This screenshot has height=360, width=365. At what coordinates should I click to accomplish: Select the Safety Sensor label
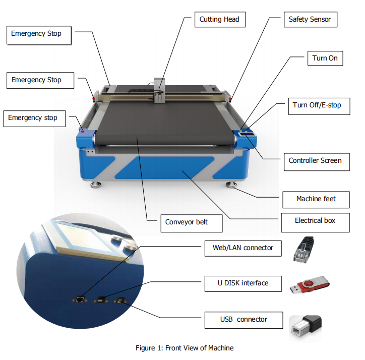pyautogui.click(x=310, y=20)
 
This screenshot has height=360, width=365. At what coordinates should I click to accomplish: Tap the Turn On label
pyautogui.click(x=325, y=58)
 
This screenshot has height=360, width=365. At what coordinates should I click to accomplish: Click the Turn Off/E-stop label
pyautogui.click(x=317, y=105)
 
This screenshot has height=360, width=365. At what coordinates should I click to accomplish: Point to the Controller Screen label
pyautogui.click(x=315, y=161)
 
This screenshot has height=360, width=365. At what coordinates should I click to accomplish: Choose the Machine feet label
pyautogui.click(x=316, y=199)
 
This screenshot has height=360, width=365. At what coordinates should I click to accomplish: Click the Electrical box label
pyautogui.click(x=315, y=221)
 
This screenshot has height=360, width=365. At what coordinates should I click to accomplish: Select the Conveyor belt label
pyautogui.click(x=186, y=222)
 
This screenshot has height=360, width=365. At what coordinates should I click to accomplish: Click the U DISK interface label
pyautogui.click(x=244, y=283)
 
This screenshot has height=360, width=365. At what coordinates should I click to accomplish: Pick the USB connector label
pyautogui.click(x=244, y=320)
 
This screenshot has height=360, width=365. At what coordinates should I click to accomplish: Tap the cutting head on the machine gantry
pyautogui.click(x=160, y=91)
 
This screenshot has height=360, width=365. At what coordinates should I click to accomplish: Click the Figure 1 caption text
pyautogui.click(x=185, y=348)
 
